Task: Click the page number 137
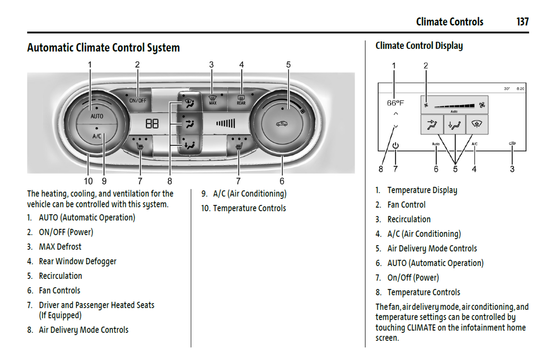click(522, 22)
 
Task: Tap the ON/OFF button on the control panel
click(138, 100)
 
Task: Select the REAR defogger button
click(241, 100)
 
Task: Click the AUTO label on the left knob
click(97, 116)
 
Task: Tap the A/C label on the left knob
click(97, 136)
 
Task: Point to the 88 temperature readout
click(152, 124)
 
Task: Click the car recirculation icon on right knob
click(282, 124)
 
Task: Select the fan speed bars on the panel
click(226, 123)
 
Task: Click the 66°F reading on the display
click(395, 103)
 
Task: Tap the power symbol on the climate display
click(395, 145)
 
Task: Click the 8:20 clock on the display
click(520, 89)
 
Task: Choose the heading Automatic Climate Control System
click(103, 48)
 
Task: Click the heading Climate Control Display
click(419, 46)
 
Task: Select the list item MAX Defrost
click(60, 247)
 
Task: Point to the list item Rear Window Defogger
click(77, 262)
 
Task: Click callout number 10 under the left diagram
click(88, 182)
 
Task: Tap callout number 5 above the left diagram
click(288, 65)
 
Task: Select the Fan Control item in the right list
click(406, 205)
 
